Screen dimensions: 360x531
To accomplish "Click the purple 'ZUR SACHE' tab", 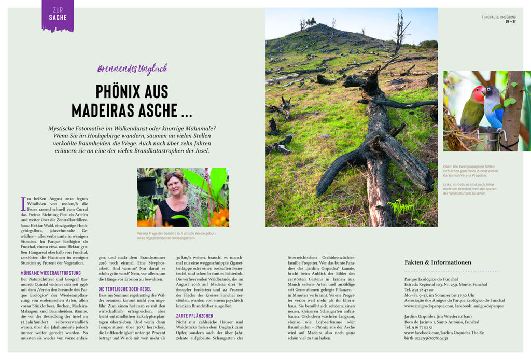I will tap(58, 15).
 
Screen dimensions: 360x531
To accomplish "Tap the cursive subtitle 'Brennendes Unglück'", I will tap(132, 68).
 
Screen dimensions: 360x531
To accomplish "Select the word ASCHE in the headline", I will tap(167, 110).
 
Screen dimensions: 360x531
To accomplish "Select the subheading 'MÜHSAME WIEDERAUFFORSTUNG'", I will tap(51, 273).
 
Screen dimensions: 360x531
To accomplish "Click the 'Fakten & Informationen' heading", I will tap(438, 262).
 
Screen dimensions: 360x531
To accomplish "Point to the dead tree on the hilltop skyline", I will tap(400, 31).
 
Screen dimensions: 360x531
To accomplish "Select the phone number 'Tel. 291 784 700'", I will tap(422, 289).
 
